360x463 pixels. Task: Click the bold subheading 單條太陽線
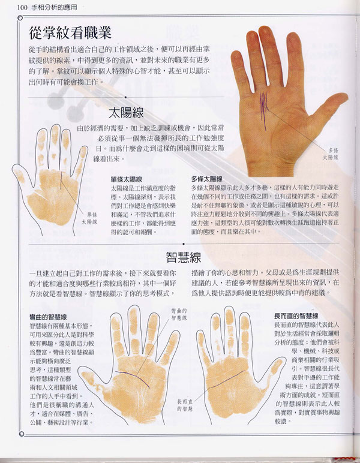[126, 179]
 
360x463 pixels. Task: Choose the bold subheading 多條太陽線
[206, 179]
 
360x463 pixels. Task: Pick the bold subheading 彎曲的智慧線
[49, 316]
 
